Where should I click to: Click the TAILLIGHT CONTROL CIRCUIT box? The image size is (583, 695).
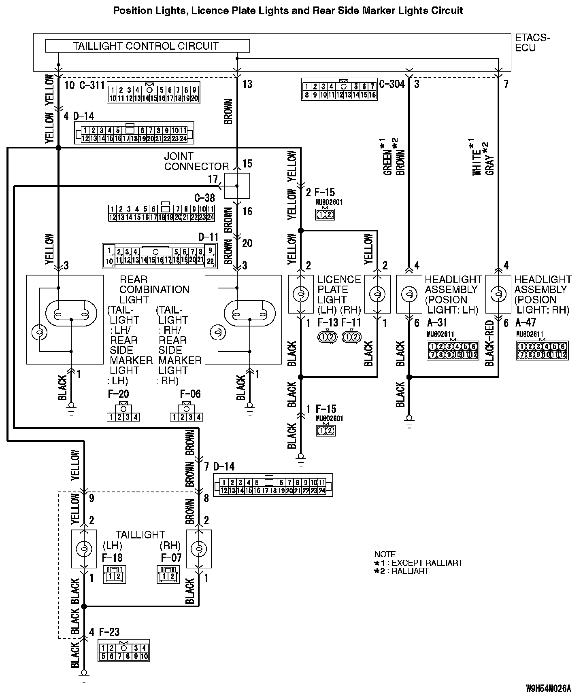pos(147,46)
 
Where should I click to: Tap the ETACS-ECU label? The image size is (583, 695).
pos(532,43)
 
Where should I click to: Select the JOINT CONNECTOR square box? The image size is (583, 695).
pos(237,186)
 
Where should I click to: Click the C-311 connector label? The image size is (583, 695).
pos(91,85)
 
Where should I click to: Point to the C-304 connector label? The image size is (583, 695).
pos(392,84)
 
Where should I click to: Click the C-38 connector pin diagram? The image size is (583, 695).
pos(161,213)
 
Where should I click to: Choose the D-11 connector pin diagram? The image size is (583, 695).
pos(160,256)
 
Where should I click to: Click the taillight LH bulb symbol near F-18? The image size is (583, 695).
pos(84,549)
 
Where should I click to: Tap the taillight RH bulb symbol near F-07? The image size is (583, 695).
pos(198,549)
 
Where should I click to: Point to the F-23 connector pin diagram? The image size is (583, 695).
pos(123,650)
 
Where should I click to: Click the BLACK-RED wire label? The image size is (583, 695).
pos(489,343)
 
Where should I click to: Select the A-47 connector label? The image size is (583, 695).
pos(526,322)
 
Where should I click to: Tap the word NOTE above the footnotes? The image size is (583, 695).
pos(385,554)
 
